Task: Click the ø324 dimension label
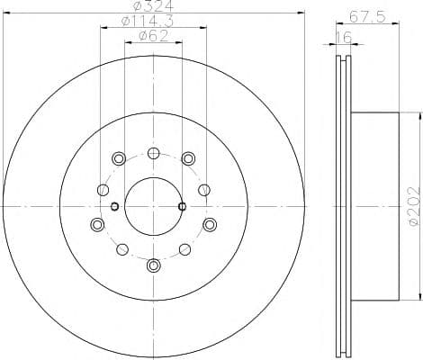153,5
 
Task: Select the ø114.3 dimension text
148,21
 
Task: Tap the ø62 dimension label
154,36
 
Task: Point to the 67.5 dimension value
367,17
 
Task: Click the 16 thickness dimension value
343,38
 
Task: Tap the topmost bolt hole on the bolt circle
154,153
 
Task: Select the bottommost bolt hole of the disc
154,265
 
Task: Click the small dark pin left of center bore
115,206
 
